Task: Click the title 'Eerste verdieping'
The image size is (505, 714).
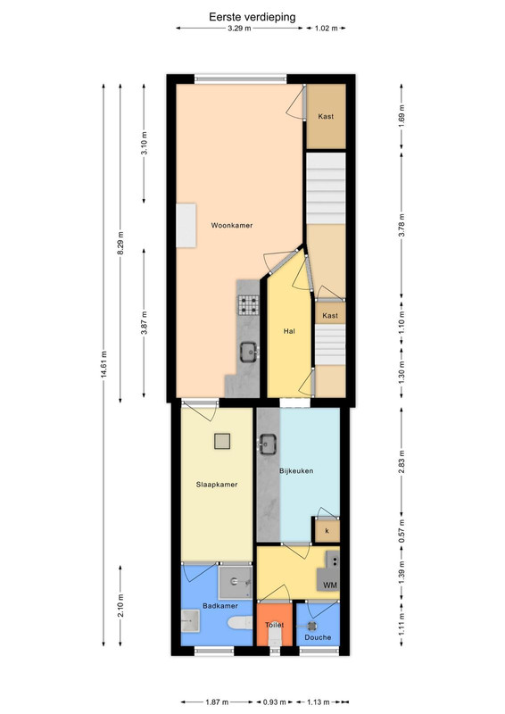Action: click(x=252, y=17)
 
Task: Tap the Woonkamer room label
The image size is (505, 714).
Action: click(x=231, y=225)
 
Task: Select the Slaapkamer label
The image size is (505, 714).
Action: click(x=217, y=485)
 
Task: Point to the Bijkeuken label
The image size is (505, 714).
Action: click(x=296, y=471)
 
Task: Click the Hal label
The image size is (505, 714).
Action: click(x=289, y=331)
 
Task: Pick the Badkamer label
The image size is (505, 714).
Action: click(x=220, y=606)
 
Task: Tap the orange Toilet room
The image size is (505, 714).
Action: click(x=274, y=624)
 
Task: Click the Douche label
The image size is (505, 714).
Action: click(x=318, y=637)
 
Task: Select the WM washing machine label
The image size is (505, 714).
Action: click(x=330, y=585)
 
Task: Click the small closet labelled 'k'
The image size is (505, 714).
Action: click(x=327, y=531)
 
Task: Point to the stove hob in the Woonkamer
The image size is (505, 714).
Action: click(x=248, y=305)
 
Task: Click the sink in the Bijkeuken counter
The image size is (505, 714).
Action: click(x=268, y=444)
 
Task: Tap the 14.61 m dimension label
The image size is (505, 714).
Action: click(x=103, y=364)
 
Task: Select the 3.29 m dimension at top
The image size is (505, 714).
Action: click(x=239, y=29)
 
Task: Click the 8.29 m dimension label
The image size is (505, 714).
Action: click(x=120, y=244)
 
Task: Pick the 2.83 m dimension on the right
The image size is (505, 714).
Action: click(x=402, y=461)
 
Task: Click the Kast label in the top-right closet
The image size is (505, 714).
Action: click(x=326, y=116)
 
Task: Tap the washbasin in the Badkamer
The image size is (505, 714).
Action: click(x=190, y=621)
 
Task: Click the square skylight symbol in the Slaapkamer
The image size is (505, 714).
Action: click(x=222, y=441)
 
